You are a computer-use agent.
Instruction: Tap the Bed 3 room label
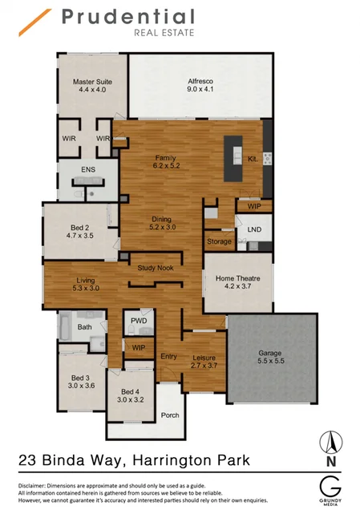[83, 382]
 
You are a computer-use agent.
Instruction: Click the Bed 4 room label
[129, 395]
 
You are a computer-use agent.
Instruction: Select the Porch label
[170, 415]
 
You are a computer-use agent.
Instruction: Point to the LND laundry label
[254, 229]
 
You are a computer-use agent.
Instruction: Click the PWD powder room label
[138, 322]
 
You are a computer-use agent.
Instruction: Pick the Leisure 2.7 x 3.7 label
[205, 362]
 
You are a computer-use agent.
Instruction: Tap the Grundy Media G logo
[330, 487]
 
